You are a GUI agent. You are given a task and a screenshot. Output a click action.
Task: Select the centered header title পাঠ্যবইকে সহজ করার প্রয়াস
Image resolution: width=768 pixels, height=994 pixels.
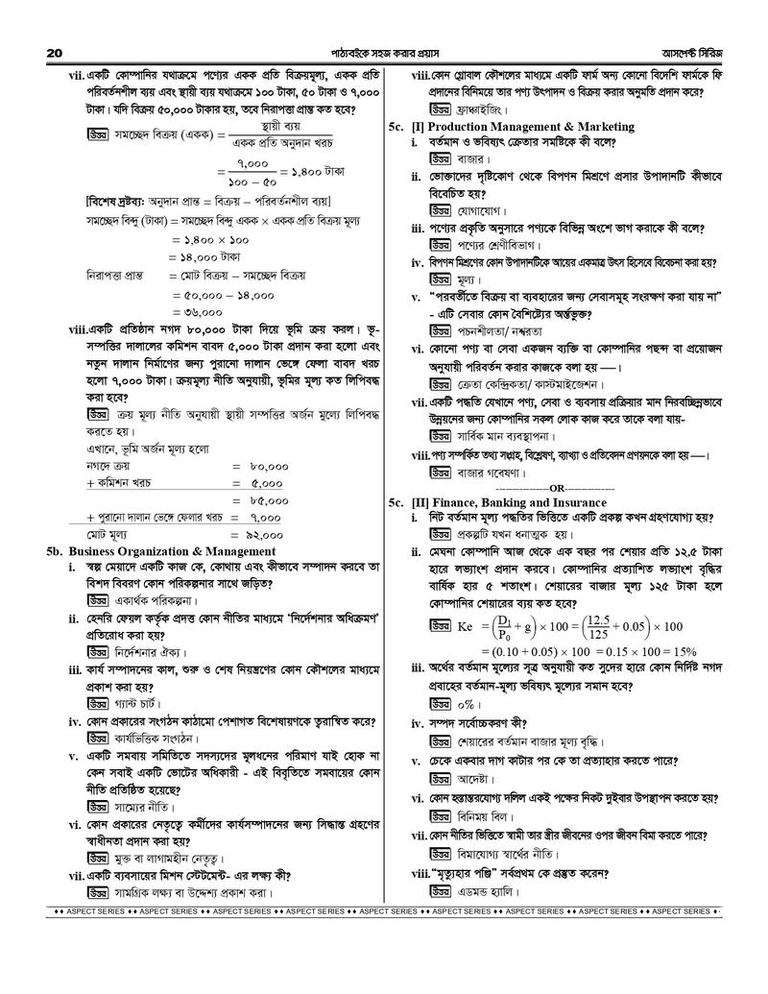(x=383, y=50)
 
